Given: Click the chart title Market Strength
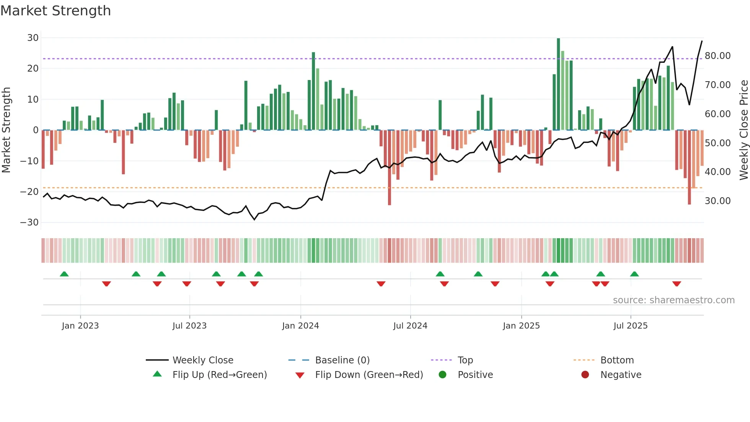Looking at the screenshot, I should point(55,11).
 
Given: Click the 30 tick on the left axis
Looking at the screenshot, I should point(33,38).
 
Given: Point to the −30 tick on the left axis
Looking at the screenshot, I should point(30,222).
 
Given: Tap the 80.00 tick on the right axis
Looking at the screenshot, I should point(717,56).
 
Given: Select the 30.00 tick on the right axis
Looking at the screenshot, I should point(717,201).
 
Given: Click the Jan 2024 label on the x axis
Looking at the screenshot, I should point(300,326).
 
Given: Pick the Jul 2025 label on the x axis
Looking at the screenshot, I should point(630,326).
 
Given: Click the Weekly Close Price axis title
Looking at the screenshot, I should point(743,130).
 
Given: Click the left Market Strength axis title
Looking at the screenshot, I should point(7,130).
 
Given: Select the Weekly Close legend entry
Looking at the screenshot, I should point(202,360).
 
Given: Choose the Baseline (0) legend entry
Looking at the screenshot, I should point(342,360).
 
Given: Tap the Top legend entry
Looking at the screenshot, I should point(465,360).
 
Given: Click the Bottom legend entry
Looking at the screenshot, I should point(617,360).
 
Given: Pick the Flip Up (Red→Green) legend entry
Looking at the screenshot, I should point(219,375).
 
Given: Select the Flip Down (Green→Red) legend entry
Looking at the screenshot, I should point(368,375).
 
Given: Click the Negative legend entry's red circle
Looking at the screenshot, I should point(585,375).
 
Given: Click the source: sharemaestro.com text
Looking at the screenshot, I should point(673,300).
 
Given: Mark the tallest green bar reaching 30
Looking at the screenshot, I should point(558,84).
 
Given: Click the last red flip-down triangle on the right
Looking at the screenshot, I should point(677,284).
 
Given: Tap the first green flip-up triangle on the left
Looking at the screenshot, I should point(64,274).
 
